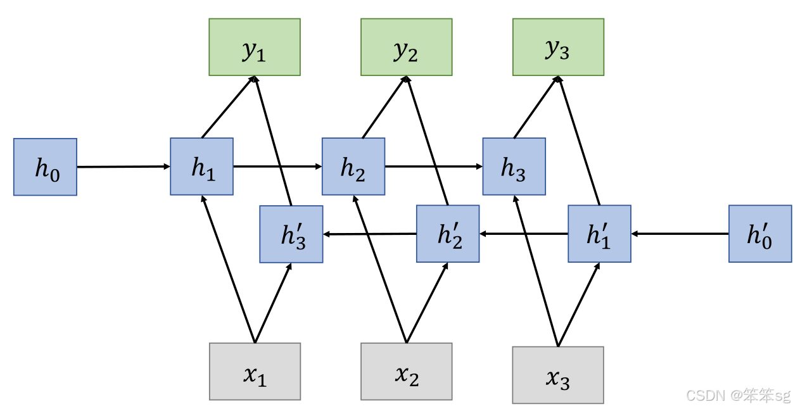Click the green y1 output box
point(255,47)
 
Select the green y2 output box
point(407,47)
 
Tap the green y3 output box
point(558,47)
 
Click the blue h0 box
point(45,167)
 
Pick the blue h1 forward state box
point(202,167)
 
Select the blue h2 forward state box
point(353,167)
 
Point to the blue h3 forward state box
point(514,167)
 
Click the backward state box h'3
point(291,234)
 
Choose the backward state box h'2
point(448,234)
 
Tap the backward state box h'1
point(599,234)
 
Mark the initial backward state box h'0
point(760,234)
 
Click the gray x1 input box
point(255,372)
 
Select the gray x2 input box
point(407,372)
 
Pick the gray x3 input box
point(558,375)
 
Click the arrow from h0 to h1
point(124,167)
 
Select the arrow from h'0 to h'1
point(680,234)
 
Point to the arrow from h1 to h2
point(277,167)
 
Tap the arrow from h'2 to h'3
point(370,234)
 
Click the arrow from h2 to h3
point(434,167)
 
